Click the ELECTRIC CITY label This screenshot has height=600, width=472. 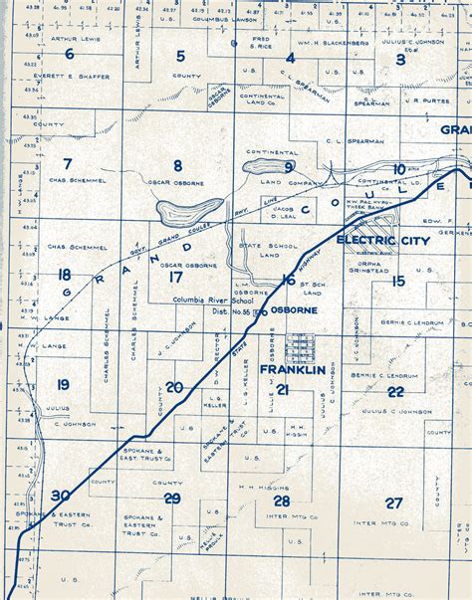click(x=379, y=241)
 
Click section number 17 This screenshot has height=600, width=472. click(x=175, y=279)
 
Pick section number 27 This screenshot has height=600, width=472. click(x=394, y=502)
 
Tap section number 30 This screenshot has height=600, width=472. click(x=61, y=495)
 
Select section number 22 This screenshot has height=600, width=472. click(x=395, y=391)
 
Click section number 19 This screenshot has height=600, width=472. click(x=63, y=384)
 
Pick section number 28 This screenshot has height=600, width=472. click(x=283, y=500)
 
